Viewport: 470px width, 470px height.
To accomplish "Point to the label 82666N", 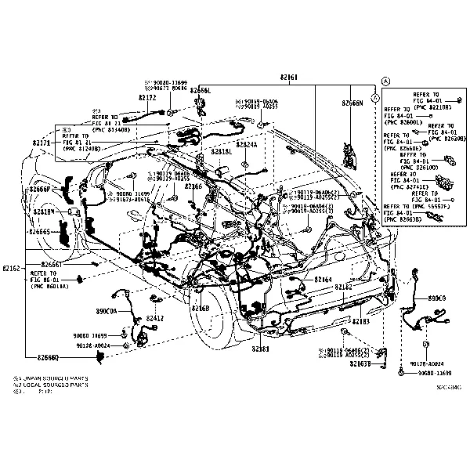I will click(x=352, y=103).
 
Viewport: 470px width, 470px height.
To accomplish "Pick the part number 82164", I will click(x=323, y=279).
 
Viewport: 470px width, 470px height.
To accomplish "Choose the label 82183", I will click(x=360, y=321).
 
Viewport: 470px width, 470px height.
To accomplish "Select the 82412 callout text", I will click(x=154, y=317).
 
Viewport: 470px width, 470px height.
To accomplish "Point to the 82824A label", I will click(x=247, y=145).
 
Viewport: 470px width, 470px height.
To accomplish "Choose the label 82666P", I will click(x=41, y=190).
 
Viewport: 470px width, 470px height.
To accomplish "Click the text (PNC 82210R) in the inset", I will click(x=433, y=107).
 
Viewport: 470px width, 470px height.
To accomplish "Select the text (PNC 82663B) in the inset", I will click(x=403, y=221).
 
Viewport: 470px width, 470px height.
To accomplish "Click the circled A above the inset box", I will click(x=385, y=81).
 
